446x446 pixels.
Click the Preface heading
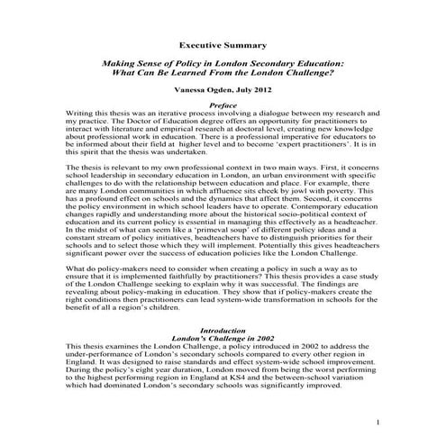(x=223, y=105)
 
